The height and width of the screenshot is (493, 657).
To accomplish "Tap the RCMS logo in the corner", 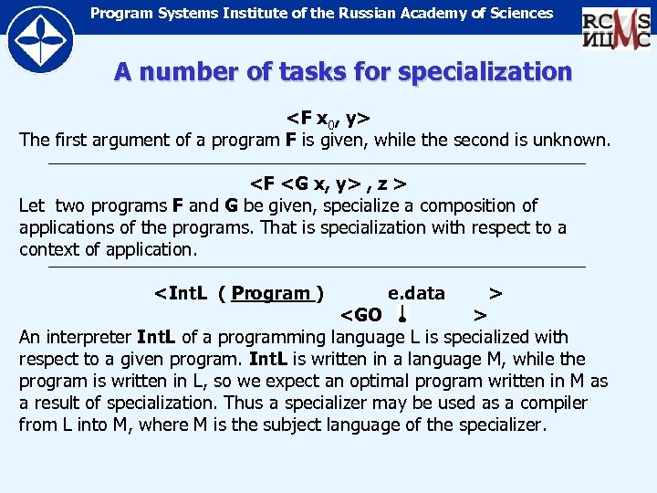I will coord(616,27).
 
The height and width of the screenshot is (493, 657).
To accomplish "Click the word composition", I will coord(472,205).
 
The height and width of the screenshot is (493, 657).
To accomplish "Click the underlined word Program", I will coord(271,293).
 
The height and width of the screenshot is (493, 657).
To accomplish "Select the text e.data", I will coord(416,293).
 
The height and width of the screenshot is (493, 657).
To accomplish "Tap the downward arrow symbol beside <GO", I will coord(401,315).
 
